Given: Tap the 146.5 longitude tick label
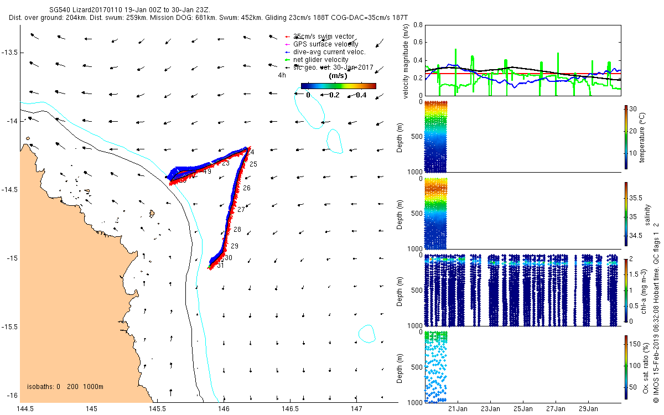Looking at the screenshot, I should (290, 408).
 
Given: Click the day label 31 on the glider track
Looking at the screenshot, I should (220, 266).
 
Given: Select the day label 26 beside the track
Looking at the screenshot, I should (246, 188).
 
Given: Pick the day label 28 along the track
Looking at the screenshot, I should (237, 230).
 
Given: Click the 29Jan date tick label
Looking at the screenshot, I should (588, 409).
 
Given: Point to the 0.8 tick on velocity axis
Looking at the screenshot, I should (418, 25).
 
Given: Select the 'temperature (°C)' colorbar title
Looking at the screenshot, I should (644, 136).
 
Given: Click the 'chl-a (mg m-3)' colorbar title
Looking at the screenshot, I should (644, 289).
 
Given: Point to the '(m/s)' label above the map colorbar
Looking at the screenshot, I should (338, 75).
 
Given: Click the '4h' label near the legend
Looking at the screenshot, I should (282, 75).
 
